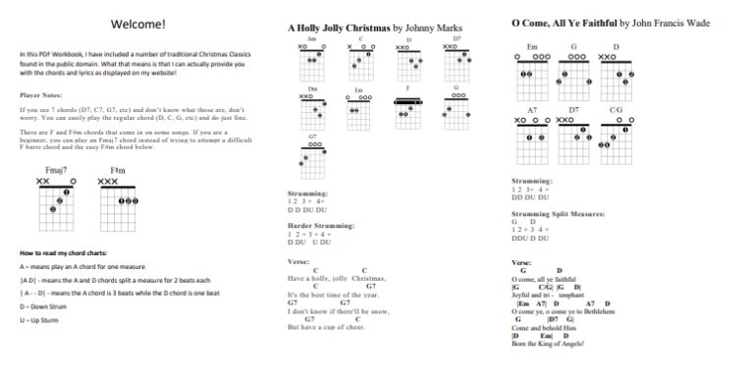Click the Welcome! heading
point(137,24)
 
